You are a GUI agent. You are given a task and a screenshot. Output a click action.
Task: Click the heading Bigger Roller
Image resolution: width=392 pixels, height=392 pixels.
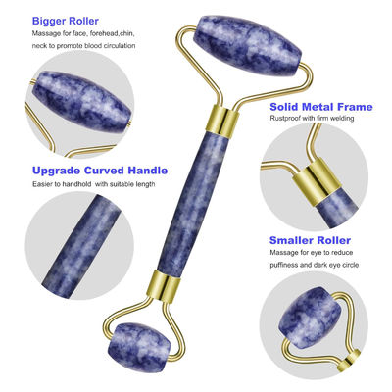click(x=66, y=21)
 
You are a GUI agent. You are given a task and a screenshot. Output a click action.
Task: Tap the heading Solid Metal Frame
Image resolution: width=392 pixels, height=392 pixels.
click(x=321, y=107)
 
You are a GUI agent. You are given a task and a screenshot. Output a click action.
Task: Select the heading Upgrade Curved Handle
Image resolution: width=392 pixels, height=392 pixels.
click(x=100, y=171)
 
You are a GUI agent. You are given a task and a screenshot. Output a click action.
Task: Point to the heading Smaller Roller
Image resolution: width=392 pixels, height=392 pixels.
click(x=310, y=240)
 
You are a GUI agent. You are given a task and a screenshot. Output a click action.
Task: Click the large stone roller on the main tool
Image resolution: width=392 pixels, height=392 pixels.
click(x=247, y=46)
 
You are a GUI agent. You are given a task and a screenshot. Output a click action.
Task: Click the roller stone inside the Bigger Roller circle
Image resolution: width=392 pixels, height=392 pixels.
click(x=82, y=101)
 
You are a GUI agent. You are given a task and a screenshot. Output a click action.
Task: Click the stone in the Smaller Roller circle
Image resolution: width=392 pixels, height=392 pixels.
click(x=309, y=318)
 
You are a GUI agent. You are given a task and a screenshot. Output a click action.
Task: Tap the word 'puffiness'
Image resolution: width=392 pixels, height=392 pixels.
click(x=284, y=265)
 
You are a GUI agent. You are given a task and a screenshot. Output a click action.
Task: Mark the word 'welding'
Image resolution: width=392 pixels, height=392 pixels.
click(x=342, y=119)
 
